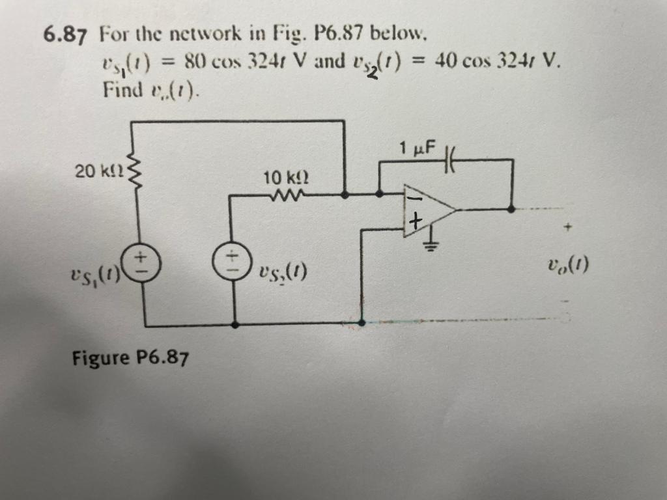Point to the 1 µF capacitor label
(419, 149)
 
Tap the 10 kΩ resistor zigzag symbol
(285, 193)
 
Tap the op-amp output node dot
(511, 209)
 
